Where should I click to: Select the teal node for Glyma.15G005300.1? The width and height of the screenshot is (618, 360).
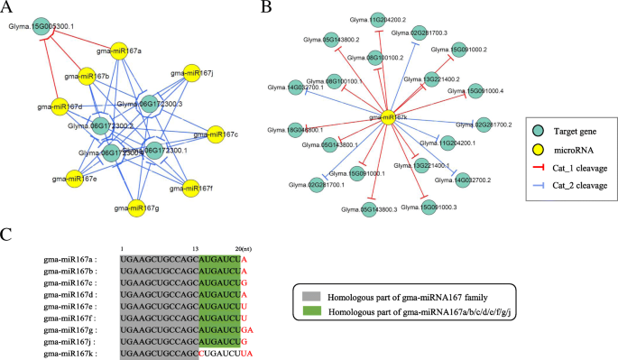(41, 28)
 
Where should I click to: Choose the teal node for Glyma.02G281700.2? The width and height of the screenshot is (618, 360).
(483, 125)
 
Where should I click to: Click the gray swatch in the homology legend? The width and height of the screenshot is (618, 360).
(309, 296)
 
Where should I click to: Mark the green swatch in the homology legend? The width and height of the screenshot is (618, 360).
(309, 312)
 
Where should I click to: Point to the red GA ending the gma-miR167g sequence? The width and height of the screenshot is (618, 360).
(246, 329)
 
